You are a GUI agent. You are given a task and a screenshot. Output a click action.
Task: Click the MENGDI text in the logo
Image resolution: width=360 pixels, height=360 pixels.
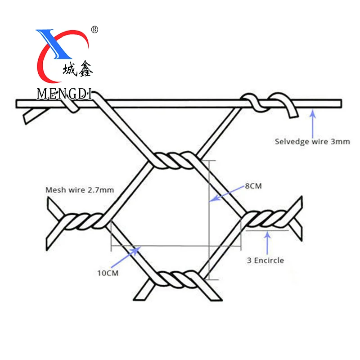(64, 94)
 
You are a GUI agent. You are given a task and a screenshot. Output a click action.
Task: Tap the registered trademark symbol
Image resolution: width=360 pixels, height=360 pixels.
(94, 30)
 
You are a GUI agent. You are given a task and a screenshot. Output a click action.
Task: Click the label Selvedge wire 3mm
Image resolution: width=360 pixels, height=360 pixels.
(312, 141)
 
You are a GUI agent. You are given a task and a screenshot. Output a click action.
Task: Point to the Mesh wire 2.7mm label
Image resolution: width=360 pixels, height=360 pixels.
(80, 190)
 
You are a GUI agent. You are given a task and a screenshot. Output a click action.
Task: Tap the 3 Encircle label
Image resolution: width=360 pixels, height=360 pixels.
(265, 260)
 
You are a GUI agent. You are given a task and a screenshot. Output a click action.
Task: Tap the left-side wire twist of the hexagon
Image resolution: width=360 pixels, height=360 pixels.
(83, 222)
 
